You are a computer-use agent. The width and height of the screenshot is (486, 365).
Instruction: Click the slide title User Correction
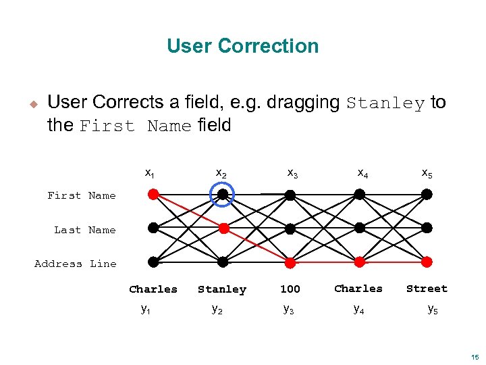coord(242,46)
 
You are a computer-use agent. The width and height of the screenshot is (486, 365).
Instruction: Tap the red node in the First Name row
coord(153,195)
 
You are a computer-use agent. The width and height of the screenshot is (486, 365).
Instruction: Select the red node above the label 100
coord(290,262)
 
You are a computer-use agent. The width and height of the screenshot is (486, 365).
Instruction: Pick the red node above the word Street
coord(427,262)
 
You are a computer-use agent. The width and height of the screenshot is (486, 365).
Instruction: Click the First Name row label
coord(81,195)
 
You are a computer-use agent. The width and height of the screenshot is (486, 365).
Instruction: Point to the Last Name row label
coord(84,230)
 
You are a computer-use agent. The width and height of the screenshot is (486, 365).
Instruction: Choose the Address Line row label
coord(75,264)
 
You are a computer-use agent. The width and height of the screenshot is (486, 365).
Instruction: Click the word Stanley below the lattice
coord(222,289)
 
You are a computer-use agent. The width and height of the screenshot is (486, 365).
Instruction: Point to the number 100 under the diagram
coord(290,289)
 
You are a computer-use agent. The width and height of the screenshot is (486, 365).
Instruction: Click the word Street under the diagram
coord(427,289)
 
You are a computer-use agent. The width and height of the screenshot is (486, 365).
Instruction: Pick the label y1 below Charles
coord(146,309)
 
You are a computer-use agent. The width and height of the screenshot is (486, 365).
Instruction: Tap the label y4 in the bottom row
coord(359,309)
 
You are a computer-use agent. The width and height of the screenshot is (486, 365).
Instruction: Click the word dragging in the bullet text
coord(303,103)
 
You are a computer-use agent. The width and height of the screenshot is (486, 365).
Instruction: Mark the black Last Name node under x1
coord(153,228)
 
